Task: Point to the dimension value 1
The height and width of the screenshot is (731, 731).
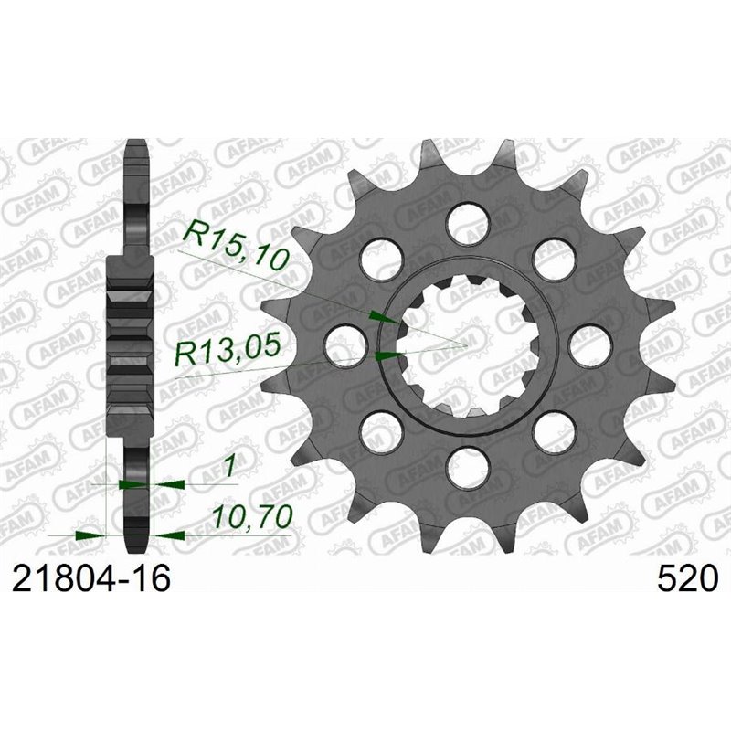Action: coord(229,466)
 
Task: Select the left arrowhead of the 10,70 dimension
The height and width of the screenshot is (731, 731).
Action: coord(89,533)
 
